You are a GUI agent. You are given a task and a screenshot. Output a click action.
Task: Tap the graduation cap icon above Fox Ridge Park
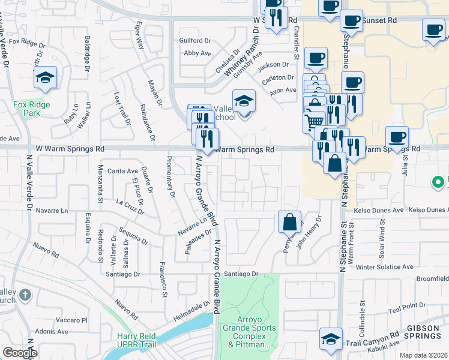point(45,79)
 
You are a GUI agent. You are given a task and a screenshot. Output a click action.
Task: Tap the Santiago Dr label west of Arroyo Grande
point(122,274)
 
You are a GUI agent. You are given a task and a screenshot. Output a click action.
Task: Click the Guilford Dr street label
point(196,41)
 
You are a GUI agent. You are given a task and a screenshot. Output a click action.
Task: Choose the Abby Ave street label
point(197,53)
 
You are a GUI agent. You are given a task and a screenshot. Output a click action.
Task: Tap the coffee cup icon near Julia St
point(397,137)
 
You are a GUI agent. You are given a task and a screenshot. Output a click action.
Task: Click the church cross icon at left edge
point(24,295)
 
